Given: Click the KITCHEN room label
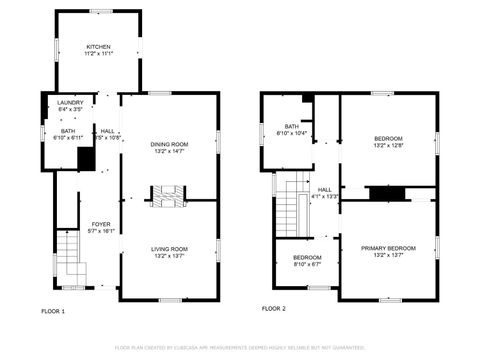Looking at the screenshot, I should [98, 46].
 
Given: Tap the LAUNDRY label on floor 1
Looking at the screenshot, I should [69, 102].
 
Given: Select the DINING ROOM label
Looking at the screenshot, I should [169, 144].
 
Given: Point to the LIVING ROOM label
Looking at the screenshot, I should [169, 248].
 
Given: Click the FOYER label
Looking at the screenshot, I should [101, 224].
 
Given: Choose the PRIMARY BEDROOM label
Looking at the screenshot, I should [388, 247].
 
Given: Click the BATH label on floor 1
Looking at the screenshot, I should [67, 130].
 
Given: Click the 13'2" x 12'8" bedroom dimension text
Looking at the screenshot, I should [388, 145].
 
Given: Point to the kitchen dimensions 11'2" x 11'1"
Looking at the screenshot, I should [98, 54].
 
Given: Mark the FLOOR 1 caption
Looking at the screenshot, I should [52, 310].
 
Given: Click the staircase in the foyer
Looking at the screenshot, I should [67, 255].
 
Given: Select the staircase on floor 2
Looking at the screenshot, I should [289, 204].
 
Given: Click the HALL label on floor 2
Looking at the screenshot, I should [325, 189].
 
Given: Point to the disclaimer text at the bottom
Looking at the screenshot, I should [239, 347].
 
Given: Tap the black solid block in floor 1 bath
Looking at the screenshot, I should [86, 158].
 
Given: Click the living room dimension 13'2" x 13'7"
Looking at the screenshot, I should [169, 256].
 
